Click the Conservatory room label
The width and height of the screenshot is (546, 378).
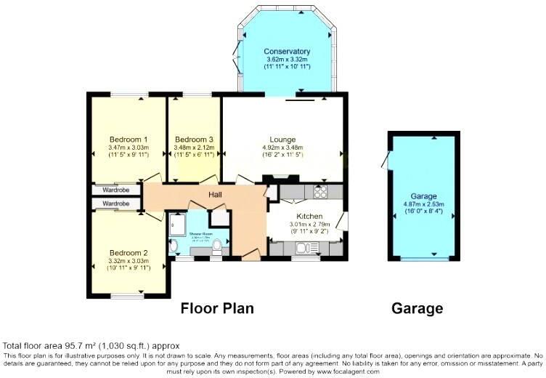tap(287, 52)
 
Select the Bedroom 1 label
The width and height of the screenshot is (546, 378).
tap(129, 140)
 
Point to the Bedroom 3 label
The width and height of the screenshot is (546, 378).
tap(194, 140)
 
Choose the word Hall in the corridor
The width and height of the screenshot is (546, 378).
tap(216, 194)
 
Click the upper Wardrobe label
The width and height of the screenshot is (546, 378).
tap(115, 190)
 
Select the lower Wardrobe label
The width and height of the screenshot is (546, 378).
tap(115, 204)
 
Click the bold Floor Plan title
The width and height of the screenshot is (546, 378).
tap(217, 308)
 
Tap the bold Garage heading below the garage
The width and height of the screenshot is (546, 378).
tap(417, 308)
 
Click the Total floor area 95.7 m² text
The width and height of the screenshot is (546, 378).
tap(91, 345)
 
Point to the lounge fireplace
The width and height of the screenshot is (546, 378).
tap(280, 177)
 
